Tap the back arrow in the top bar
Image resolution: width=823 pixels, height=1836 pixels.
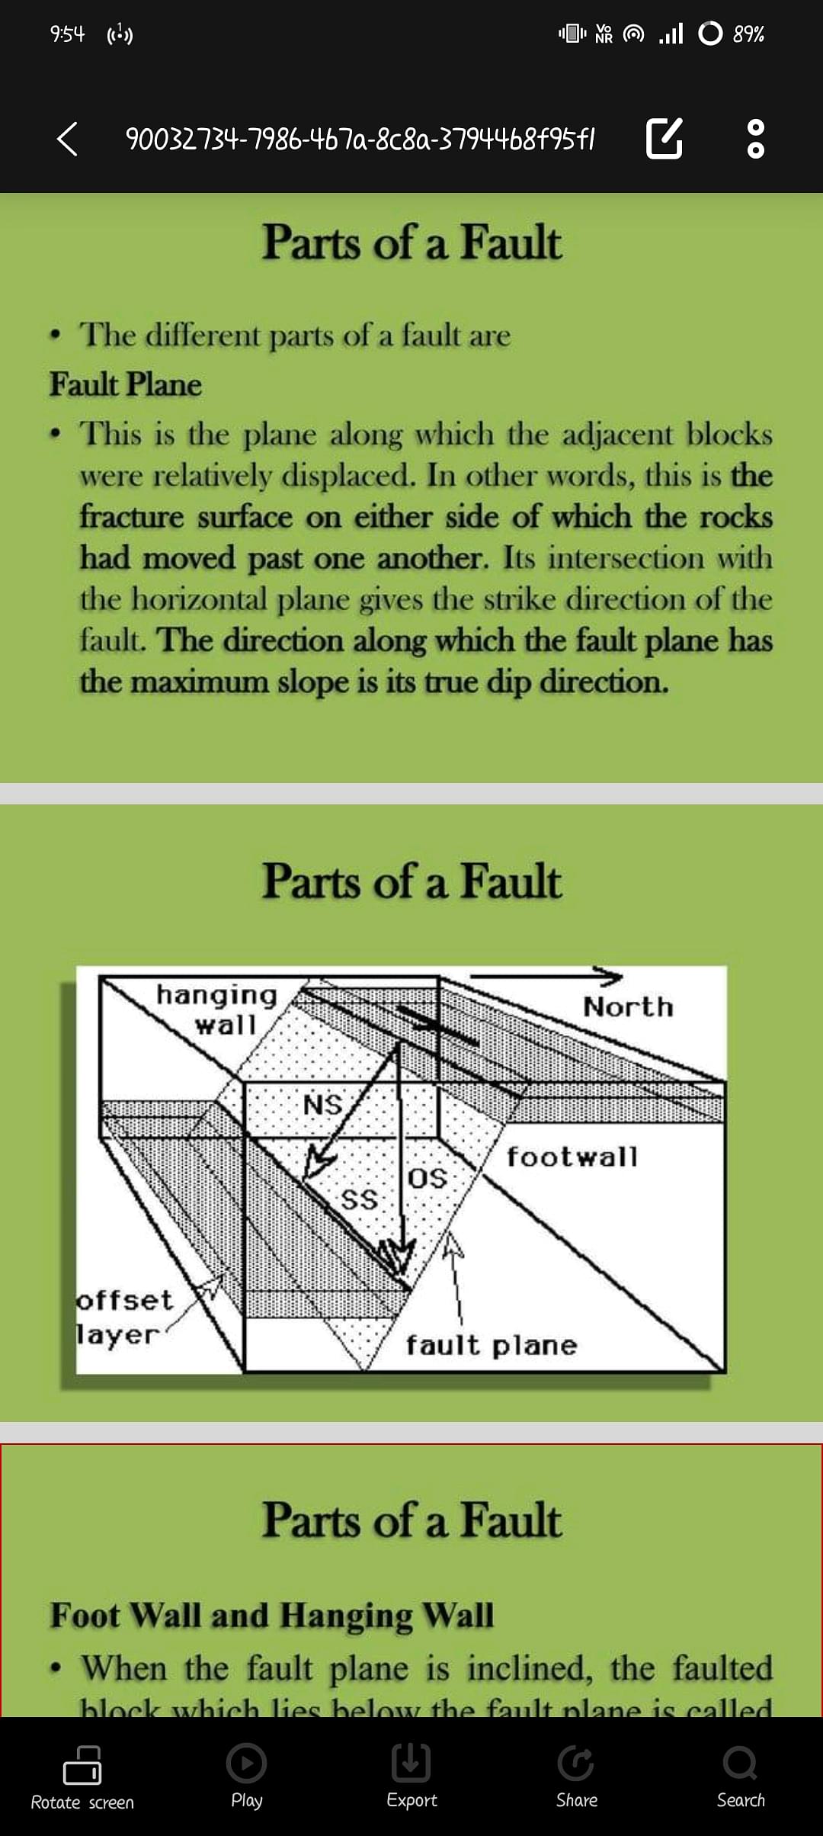67,139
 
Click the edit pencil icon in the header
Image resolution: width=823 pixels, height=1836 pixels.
664,138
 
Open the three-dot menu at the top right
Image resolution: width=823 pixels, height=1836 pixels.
755,138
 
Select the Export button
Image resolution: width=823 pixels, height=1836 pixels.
411,1777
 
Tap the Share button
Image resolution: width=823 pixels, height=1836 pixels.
576,1777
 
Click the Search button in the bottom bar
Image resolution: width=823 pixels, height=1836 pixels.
740,1777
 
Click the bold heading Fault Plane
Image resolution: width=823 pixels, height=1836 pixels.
126,384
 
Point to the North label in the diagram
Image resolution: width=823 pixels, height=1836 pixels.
629,1006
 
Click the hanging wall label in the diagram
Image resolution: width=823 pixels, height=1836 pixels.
217,1009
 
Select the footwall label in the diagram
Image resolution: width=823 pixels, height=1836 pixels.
572,1157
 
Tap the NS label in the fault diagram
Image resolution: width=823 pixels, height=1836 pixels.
323,1104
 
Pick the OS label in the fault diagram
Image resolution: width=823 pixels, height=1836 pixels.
428,1178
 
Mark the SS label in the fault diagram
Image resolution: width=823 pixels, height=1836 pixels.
359,1199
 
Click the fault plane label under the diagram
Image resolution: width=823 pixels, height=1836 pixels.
491,1345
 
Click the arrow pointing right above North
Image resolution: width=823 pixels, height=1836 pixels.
545,975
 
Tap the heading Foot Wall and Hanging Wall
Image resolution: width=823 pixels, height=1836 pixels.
272,1614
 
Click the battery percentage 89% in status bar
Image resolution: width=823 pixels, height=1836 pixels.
748,34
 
